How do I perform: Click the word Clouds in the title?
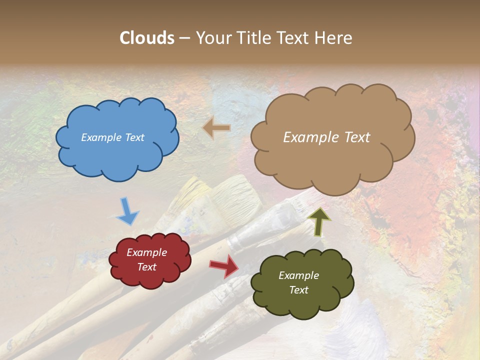click(x=147, y=37)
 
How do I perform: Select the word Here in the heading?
click(x=334, y=37)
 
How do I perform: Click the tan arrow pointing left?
click(x=216, y=128)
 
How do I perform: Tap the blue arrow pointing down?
click(x=127, y=211)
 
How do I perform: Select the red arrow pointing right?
click(x=224, y=265)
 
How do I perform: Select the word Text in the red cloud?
click(x=147, y=267)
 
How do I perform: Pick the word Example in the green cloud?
click(x=298, y=275)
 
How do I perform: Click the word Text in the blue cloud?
click(x=134, y=137)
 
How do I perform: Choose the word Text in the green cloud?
click(x=298, y=290)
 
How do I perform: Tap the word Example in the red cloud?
click(x=147, y=252)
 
